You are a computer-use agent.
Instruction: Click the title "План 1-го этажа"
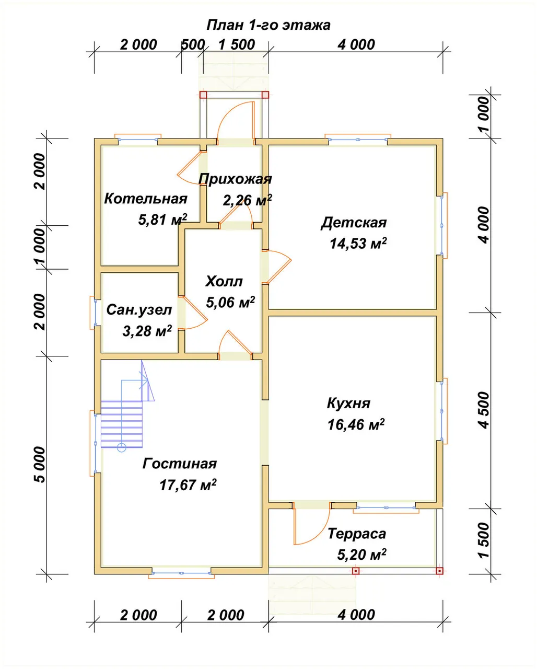[268, 26]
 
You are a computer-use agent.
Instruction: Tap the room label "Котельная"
[146, 198]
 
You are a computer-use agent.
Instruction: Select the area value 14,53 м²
[358, 243]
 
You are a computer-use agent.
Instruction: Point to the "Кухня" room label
[348, 403]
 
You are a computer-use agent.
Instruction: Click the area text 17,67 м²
[188, 485]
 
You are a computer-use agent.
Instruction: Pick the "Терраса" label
[357, 534]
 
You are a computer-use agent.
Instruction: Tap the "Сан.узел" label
[139, 309]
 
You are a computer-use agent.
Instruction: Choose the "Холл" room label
[224, 281]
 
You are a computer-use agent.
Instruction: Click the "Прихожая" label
[235, 179]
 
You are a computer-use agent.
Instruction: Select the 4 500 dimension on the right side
[484, 410]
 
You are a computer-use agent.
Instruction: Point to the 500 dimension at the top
[193, 45]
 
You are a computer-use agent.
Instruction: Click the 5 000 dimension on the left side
[40, 465]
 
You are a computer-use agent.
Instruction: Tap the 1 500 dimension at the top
[237, 45]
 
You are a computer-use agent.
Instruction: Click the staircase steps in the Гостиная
[122, 424]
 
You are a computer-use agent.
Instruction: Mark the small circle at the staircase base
[122, 448]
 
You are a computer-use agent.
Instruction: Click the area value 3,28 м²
[147, 331]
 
